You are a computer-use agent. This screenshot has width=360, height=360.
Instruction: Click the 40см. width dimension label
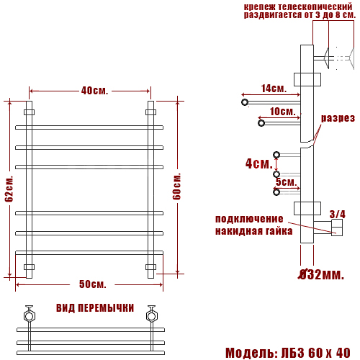click(x=94, y=91)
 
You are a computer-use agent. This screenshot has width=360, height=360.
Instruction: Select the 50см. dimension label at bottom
click(x=93, y=284)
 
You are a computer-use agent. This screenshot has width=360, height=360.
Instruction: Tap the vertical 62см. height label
click(x=9, y=189)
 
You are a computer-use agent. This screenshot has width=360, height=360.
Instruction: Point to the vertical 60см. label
click(x=176, y=186)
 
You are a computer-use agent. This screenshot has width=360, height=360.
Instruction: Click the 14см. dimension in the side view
click(x=274, y=89)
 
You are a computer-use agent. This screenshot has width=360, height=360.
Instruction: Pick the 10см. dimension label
click(x=282, y=112)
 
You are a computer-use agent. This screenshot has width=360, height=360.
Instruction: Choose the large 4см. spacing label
click(x=259, y=163)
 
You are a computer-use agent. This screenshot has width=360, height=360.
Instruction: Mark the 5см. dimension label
click(x=287, y=181)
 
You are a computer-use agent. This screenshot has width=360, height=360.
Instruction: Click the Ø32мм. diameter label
click(x=321, y=274)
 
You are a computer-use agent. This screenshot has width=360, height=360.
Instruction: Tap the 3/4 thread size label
click(x=338, y=214)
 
